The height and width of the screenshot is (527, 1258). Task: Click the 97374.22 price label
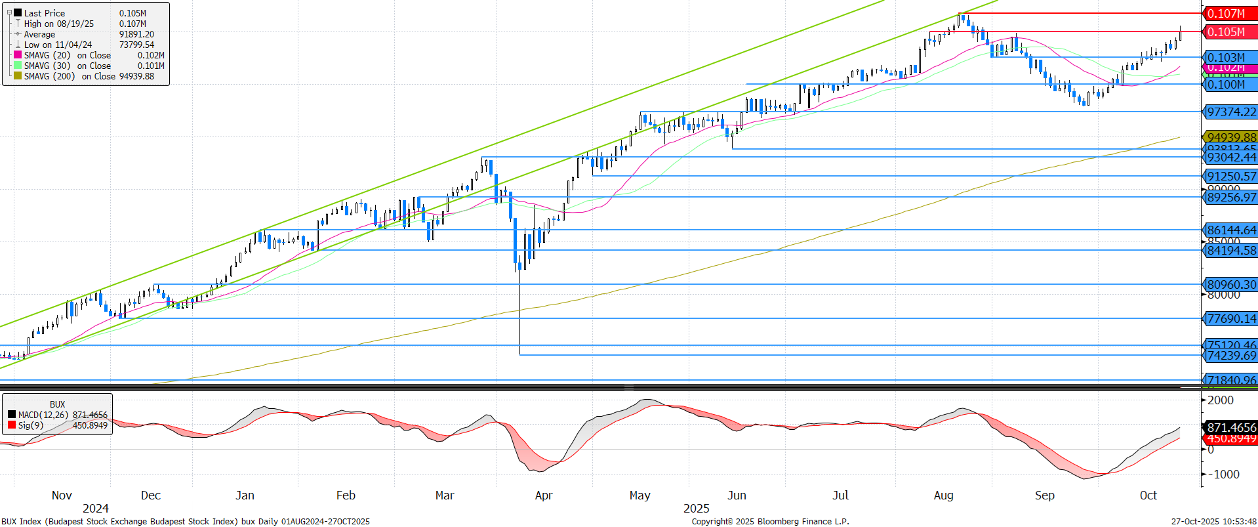click(x=1231, y=112)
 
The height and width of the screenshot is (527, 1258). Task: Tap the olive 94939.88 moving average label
click(x=1231, y=137)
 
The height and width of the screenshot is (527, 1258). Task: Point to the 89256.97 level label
click(x=1231, y=197)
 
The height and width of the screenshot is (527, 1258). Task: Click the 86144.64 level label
click(x=1231, y=230)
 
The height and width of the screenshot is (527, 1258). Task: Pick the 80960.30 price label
click(x=1231, y=284)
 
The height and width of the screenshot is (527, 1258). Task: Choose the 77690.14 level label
click(x=1231, y=318)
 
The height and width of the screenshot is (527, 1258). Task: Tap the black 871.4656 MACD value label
click(x=1231, y=427)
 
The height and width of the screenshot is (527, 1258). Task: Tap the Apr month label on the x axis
click(x=543, y=495)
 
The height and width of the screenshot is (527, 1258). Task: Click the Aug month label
click(x=943, y=495)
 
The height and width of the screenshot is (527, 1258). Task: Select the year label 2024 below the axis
click(x=96, y=509)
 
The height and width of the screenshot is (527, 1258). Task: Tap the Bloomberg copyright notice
click(x=770, y=522)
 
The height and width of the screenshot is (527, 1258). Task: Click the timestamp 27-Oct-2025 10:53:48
click(x=1213, y=522)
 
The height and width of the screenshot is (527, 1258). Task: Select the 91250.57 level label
click(x=1231, y=176)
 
